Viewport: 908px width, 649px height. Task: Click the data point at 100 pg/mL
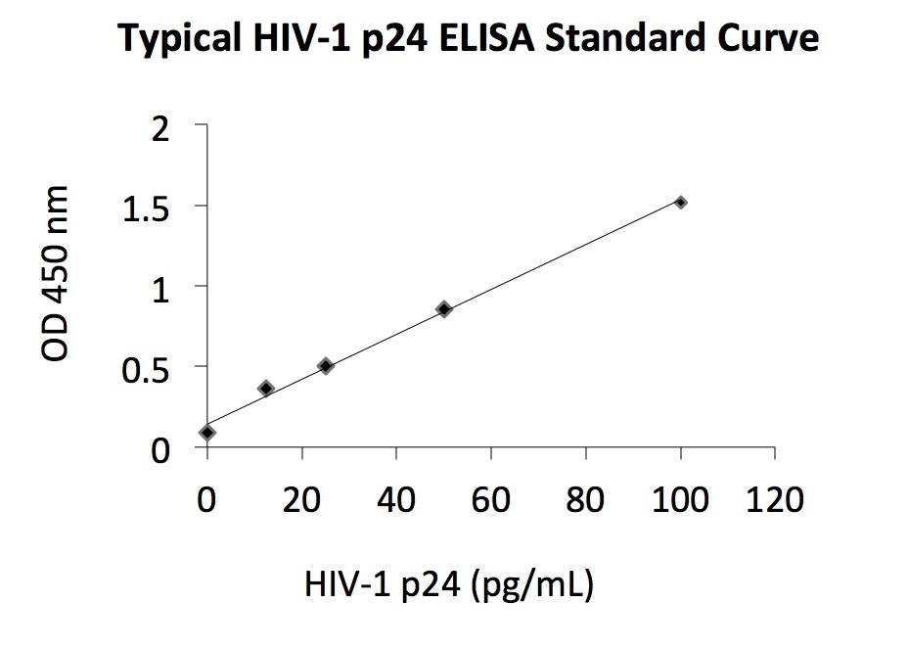681,202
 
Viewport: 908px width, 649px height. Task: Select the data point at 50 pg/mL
444,309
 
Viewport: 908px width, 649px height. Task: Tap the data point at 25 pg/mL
326,366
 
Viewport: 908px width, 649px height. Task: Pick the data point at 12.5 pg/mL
266,389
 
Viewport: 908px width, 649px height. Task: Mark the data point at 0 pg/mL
207,432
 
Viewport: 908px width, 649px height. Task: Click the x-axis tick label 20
301,499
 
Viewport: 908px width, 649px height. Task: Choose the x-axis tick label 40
396,499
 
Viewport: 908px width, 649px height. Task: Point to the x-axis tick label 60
491,499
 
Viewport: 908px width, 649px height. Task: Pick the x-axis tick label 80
586,499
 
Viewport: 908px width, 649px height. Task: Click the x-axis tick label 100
681,499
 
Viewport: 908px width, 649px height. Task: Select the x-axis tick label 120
775,499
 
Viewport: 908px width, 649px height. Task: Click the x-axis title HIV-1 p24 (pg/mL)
449,584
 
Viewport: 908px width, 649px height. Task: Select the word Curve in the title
768,40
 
